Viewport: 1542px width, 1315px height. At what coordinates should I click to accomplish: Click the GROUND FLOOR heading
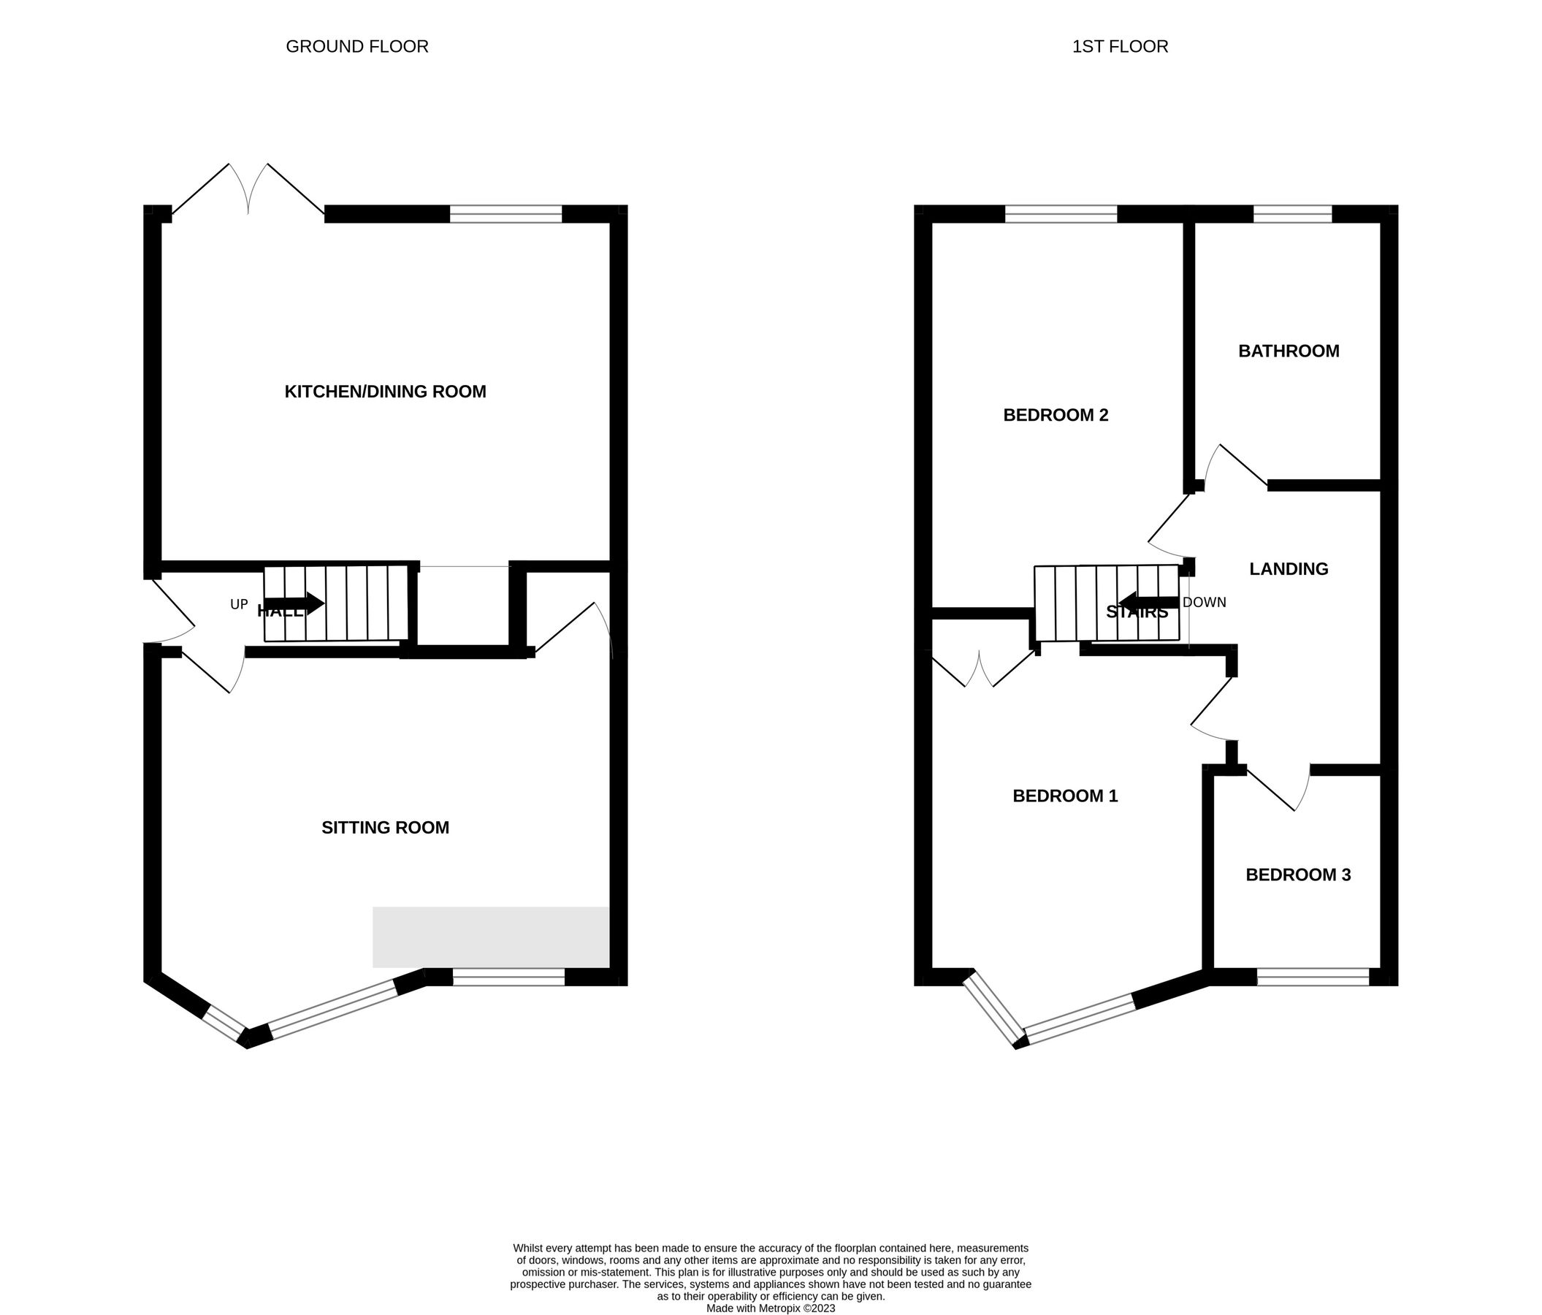357,46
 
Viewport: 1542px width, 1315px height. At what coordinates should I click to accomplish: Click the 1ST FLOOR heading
1120,46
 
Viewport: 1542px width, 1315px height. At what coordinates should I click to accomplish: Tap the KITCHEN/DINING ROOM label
385,392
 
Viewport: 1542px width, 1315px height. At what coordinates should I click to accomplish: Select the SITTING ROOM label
385,828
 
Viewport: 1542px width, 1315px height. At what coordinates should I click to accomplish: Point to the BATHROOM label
1289,351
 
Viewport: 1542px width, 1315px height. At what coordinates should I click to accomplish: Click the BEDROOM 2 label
1056,415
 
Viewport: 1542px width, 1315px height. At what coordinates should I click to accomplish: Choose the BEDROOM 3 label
1298,875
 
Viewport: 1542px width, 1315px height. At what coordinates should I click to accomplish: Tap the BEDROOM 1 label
1065,796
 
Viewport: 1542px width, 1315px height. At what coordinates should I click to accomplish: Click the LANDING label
1289,569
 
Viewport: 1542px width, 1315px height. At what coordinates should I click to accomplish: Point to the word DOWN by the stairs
1204,603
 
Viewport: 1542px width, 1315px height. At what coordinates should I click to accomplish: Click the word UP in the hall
239,605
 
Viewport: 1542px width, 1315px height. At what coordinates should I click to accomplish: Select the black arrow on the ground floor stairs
294,603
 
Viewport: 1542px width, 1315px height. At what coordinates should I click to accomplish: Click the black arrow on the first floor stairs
1149,602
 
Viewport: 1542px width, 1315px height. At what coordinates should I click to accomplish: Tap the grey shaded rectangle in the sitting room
490,937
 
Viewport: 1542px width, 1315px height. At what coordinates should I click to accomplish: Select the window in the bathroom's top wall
1293,214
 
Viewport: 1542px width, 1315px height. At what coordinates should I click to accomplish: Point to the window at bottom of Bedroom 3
1313,977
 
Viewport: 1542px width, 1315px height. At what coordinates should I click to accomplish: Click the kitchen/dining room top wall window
505,214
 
